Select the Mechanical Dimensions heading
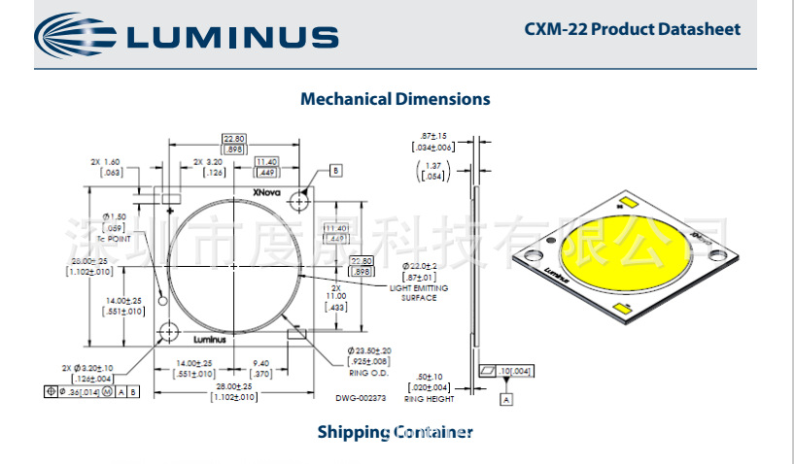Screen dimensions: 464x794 tap(395, 99)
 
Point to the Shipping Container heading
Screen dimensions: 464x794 tap(395, 432)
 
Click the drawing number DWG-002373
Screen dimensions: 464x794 tap(362, 397)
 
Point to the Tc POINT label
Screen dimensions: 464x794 tap(116, 238)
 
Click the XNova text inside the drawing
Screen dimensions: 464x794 tap(266, 192)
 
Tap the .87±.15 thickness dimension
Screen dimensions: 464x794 tap(434, 135)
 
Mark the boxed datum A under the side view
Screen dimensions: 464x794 tap(506, 398)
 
